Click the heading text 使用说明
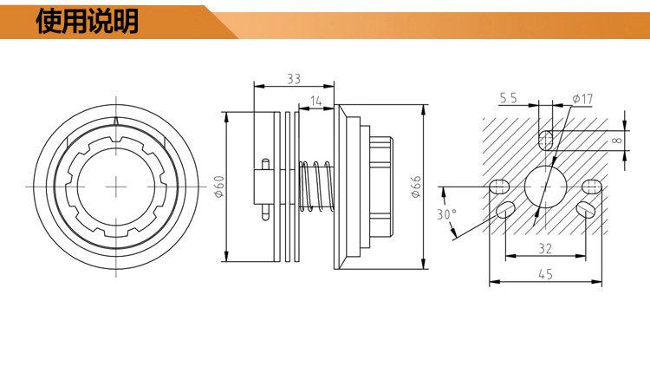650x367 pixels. (87, 22)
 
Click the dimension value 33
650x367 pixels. (293, 79)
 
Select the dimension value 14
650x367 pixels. (315, 101)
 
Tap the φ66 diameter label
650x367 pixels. (416, 186)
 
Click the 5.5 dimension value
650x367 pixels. (508, 99)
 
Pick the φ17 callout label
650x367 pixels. (582, 99)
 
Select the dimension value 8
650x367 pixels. (616, 140)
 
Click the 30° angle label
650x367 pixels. (446, 214)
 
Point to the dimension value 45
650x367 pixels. (544, 274)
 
